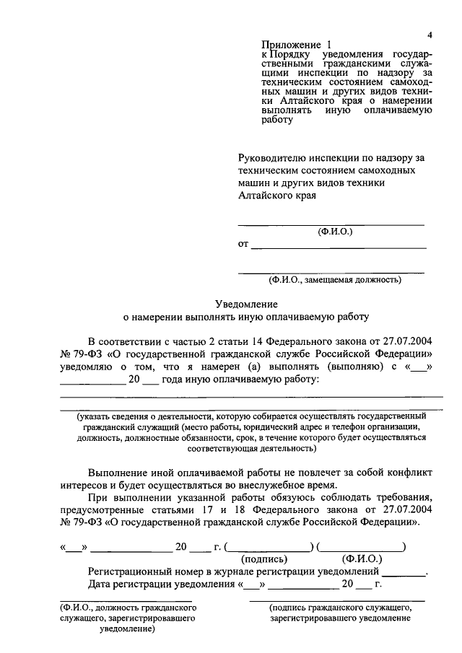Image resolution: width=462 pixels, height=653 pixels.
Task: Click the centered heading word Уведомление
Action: point(246,305)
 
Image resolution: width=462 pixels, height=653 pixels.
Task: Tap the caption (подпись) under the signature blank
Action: point(263,559)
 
